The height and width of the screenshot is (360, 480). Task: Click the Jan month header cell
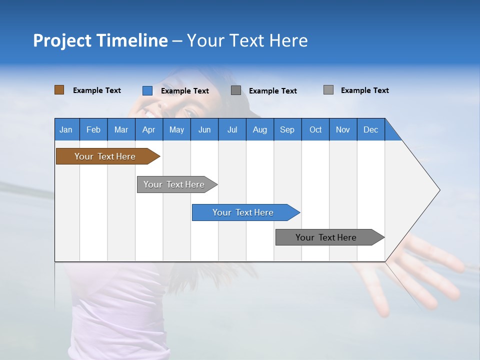[66, 129]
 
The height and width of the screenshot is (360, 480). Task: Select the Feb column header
[93, 129]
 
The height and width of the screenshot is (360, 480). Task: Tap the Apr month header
[148, 129]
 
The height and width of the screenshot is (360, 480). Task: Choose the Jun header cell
[204, 129]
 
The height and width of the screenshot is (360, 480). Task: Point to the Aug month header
[259, 129]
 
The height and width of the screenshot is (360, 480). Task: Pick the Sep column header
[287, 129]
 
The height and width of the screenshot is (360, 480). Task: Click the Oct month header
[315, 129]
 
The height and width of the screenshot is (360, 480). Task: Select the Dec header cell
[370, 129]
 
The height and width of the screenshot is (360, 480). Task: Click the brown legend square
[59, 90]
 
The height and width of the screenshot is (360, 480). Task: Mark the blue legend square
[147, 90]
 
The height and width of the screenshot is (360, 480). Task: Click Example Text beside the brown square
[97, 90]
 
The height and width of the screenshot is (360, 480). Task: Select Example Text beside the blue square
[185, 91]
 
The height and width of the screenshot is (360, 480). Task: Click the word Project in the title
[62, 40]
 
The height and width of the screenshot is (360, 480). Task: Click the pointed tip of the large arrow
[438, 190]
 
